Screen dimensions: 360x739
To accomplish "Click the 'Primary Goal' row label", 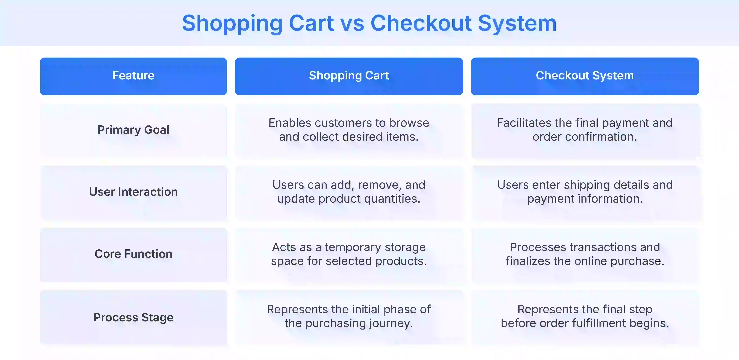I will pyautogui.click(x=133, y=130).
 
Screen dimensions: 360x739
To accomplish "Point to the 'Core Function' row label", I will pyautogui.click(x=133, y=254).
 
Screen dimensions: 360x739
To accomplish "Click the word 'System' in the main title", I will pyautogui.click(x=517, y=24).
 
